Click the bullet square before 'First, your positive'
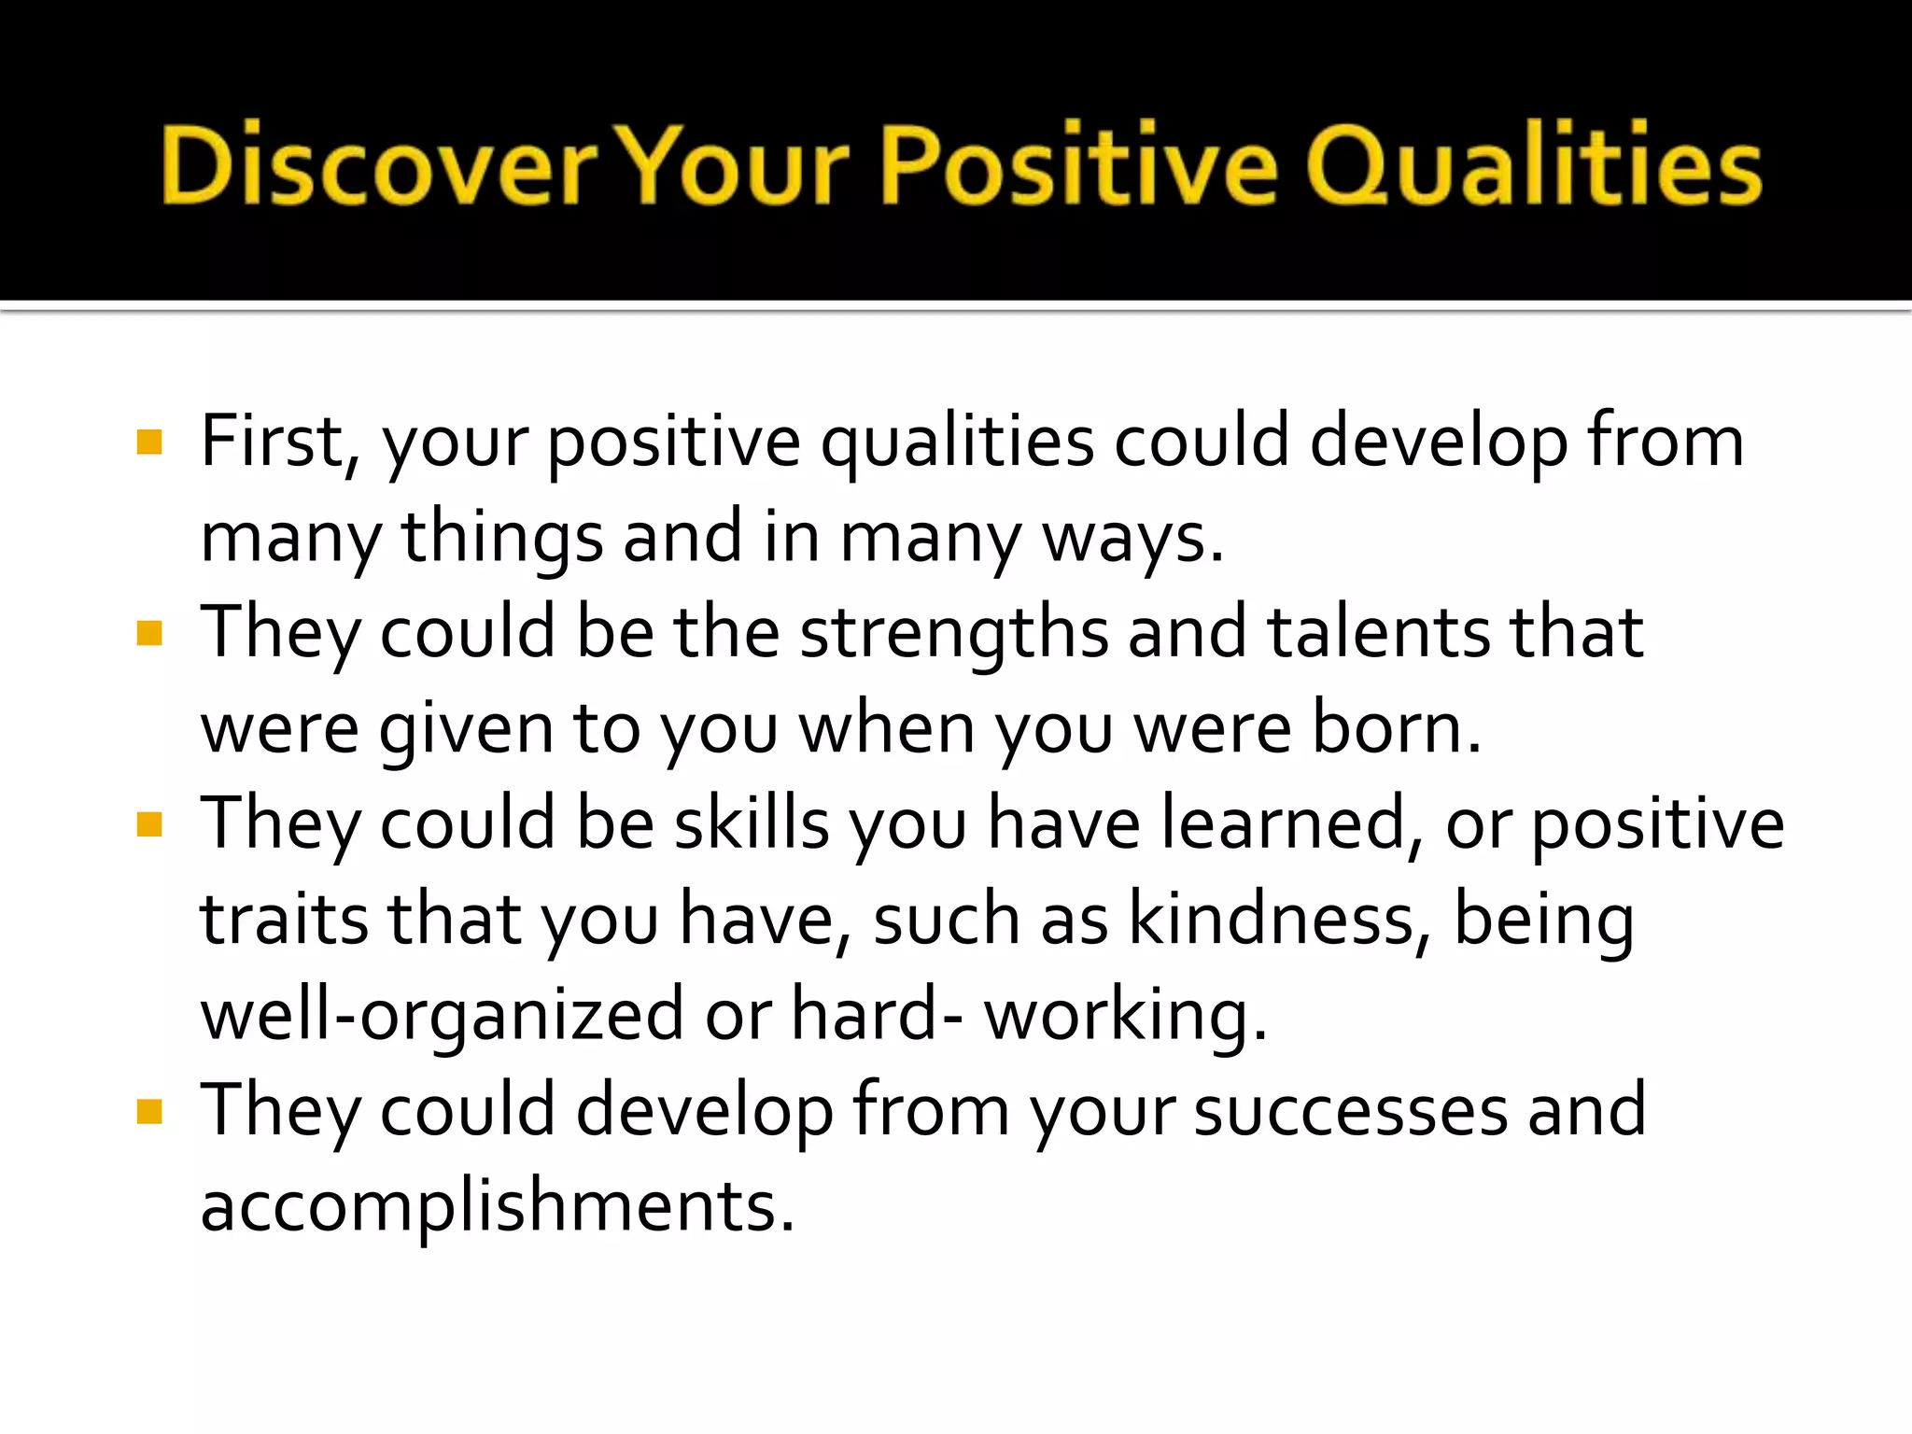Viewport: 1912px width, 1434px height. [x=149, y=441]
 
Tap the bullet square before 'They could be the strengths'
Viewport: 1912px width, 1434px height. [x=149, y=634]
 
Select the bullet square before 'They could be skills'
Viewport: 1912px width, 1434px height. [x=149, y=824]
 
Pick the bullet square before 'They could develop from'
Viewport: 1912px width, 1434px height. [x=149, y=1111]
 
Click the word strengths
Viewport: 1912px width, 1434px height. [x=954, y=634]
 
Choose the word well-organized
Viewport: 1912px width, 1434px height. [x=443, y=1016]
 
